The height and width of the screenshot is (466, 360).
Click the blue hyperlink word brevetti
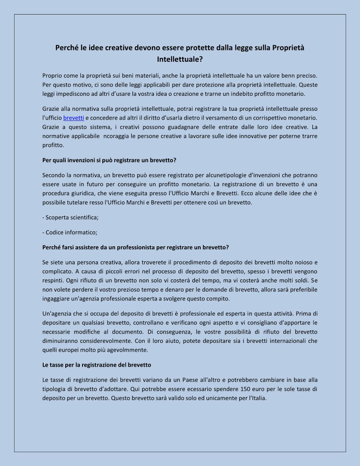(74, 118)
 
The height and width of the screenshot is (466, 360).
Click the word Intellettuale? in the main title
(180, 58)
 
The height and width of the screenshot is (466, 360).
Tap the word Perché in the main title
(66, 47)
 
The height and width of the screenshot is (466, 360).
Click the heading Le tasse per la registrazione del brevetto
(97, 365)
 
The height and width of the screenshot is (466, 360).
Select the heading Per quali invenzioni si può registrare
(109, 160)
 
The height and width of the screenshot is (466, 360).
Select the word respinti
(53, 280)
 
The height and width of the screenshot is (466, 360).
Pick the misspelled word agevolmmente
(128, 350)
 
